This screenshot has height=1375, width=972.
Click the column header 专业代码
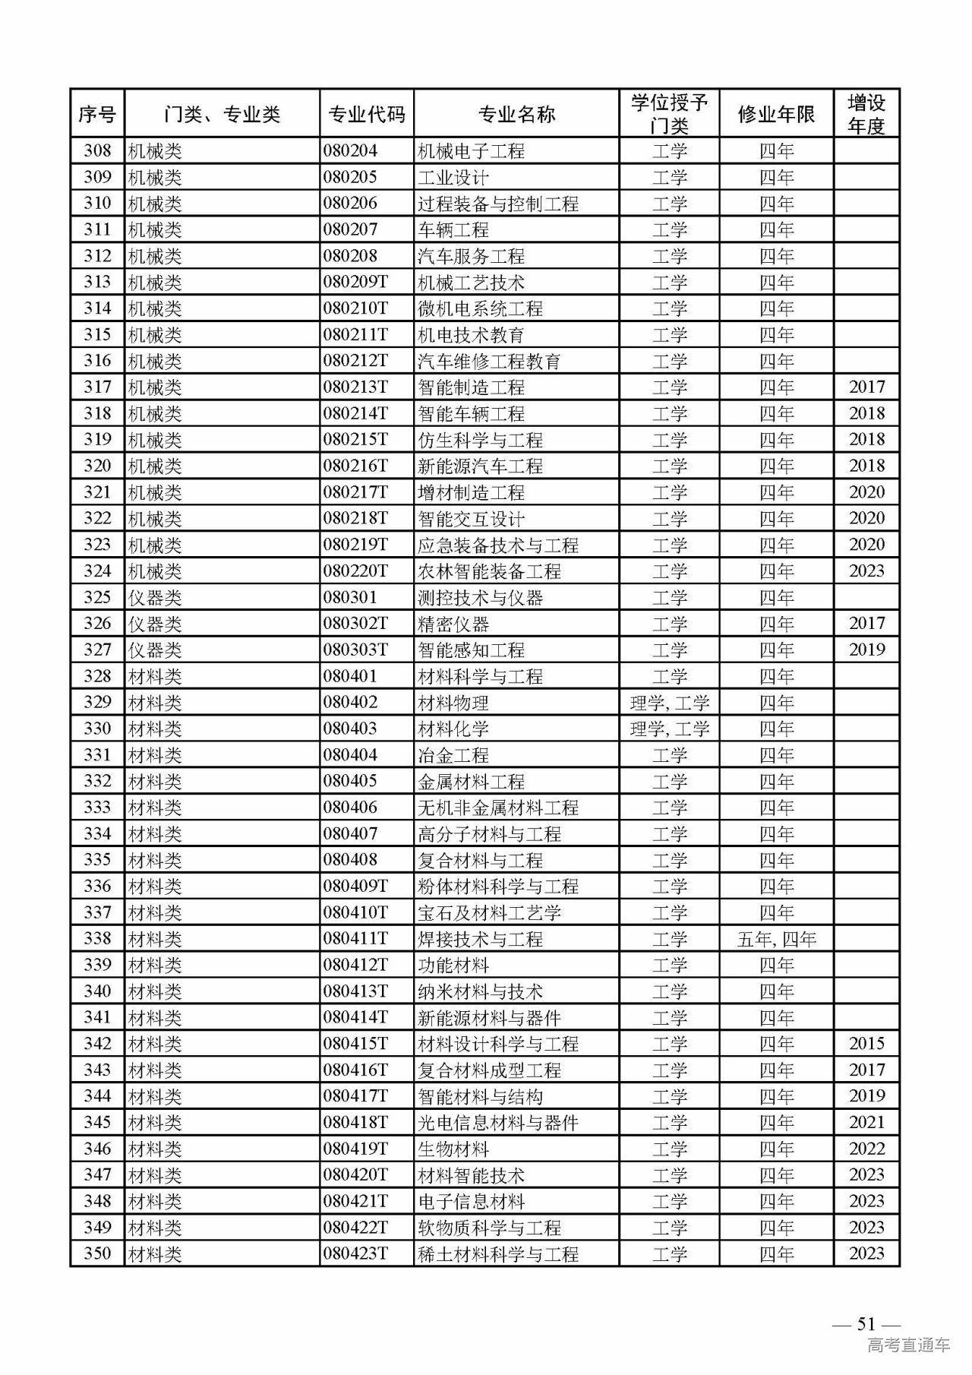(x=366, y=115)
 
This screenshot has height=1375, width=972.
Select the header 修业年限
(x=776, y=115)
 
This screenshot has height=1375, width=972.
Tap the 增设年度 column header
(x=866, y=114)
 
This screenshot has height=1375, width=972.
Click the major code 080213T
(x=355, y=387)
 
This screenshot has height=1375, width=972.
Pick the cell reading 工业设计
(x=453, y=177)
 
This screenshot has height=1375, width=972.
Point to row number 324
(x=97, y=571)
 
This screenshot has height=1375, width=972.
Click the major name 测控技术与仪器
(x=480, y=597)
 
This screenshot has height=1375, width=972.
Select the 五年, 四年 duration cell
(x=776, y=939)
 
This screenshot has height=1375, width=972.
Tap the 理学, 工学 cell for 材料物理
(x=669, y=703)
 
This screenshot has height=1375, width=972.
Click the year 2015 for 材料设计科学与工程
(x=866, y=1044)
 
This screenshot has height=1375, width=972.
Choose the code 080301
(x=350, y=597)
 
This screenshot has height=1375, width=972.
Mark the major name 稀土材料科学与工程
(x=498, y=1254)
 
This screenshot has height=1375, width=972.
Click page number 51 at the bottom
(x=866, y=1323)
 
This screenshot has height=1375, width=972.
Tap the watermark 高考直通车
(x=908, y=1346)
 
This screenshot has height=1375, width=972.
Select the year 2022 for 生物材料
(x=866, y=1149)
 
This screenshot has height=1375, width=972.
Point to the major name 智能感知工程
(x=471, y=650)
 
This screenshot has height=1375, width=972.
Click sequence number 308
(x=97, y=150)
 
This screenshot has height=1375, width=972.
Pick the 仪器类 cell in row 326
(x=155, y=624)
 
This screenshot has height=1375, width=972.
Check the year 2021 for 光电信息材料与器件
(x=866, y=1123)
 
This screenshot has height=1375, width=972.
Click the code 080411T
(x=355, y=939)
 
